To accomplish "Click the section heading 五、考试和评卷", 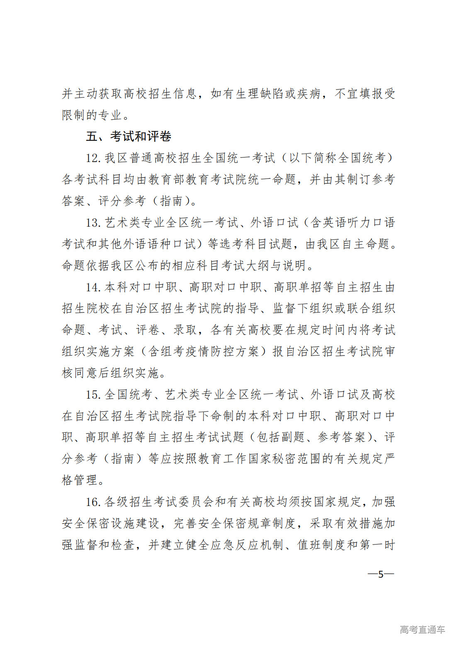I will [x=129, y=136].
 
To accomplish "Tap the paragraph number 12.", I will [x=93, y=158].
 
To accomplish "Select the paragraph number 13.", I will [x=93, y=223].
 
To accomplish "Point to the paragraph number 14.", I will [x=93, y=287].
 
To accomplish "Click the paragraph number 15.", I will [x=93, y=394].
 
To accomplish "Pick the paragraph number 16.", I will [x=93, y=502].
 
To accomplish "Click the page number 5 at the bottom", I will [x=381, y=574].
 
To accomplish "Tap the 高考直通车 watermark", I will [x=422, y=629].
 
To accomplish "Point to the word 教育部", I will [x=166, y=179].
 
